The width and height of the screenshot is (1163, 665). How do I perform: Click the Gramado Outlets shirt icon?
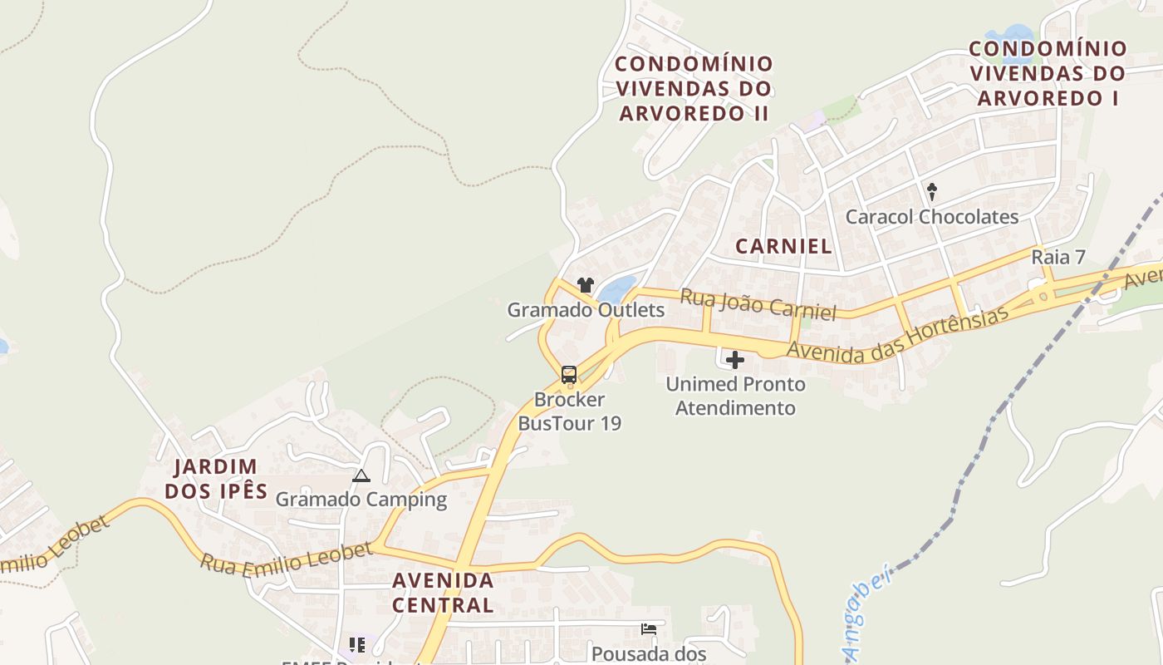pos(586,285)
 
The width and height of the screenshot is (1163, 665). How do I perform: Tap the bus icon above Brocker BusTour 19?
pos(569,374)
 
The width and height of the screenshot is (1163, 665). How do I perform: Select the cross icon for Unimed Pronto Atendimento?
pos(735,360)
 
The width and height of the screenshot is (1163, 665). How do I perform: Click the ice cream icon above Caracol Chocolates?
pos(932,192)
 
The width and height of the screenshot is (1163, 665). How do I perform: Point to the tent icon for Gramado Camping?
pos(361,476)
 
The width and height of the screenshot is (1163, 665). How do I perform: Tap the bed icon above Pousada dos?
pos(649,629)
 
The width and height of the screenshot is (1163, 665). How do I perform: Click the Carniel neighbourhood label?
pos(783,246)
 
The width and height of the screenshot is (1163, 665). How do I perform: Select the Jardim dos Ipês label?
pos(216,479)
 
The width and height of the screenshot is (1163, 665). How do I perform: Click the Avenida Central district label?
pos(443,592)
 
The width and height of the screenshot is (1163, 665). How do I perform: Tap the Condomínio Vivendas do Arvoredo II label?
pos(694,88)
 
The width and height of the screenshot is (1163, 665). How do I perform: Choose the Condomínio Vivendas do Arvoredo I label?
pos(1048,73)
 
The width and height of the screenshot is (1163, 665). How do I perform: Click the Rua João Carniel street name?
pos(758,304)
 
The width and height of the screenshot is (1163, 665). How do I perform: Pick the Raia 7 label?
pos(1058,257)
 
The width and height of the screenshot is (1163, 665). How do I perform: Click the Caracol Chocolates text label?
pos(932,217)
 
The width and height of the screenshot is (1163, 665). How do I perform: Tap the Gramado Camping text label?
pos(361,500)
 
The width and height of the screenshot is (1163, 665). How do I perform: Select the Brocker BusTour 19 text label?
pos(569,411)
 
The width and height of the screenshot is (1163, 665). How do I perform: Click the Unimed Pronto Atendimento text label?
pos(735,397)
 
